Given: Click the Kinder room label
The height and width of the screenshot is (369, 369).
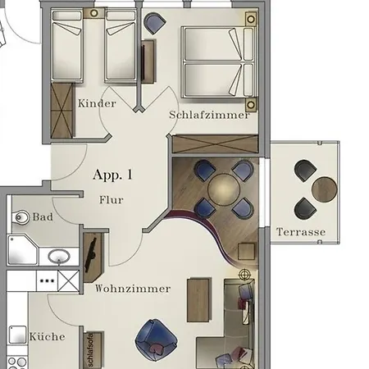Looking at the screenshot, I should click(97, 104).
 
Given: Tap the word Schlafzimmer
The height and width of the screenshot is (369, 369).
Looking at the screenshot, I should click(209, 116).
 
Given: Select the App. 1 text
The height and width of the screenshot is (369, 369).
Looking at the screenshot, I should click(112, 174).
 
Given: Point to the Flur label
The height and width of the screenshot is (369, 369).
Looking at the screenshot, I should click(112, 198).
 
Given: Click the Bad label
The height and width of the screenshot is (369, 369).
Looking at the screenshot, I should click(43, 217).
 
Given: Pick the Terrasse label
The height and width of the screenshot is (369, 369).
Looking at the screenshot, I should click(301, 232).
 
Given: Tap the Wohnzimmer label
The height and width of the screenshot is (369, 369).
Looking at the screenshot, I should click(133, 289).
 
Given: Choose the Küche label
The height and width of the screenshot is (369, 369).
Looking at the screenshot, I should click(47, 336).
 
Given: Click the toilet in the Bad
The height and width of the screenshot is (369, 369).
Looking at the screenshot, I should click(21, 217).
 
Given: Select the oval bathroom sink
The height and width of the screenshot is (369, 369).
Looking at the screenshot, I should click(57, 257).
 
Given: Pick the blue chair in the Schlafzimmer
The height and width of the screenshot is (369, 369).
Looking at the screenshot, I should click(154, 24).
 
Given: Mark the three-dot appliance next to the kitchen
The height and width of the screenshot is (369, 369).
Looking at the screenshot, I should click(46, 280).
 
